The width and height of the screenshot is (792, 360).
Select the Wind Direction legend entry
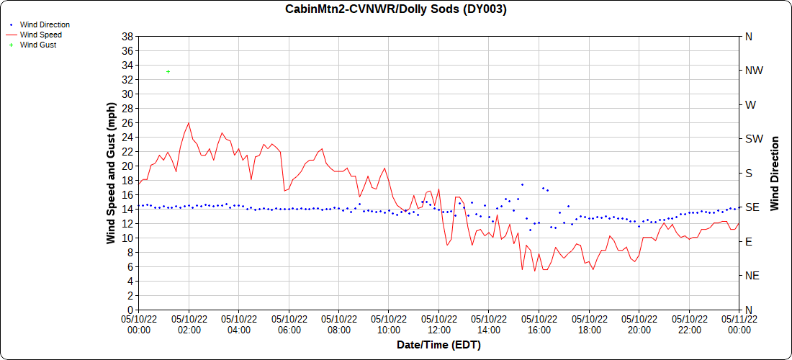pos(45,24)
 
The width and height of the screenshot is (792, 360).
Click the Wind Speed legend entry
pos(40,35)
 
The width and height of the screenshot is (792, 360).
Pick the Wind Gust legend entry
pos(38,45)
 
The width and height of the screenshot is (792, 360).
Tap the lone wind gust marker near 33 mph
pos(168,71)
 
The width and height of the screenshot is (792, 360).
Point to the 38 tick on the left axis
pos(127,36)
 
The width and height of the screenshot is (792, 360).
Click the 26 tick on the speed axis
pos(127,122)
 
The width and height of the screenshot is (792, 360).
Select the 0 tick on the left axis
pos(130,310)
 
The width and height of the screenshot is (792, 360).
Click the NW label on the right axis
pos(754,71)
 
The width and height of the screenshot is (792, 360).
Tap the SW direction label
pos(753,139)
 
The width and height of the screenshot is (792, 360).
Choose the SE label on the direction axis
pos(752,207)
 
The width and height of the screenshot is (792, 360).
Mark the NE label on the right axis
pos(752,276)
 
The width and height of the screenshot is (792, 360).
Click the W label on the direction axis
pos(750,104)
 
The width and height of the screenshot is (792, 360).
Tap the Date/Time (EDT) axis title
pos(438,345)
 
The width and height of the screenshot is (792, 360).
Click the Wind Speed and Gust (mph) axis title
pos(111,173)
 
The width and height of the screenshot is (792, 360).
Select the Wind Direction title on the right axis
pos(775,173)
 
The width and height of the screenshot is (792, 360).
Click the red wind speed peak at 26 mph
pos(189,122)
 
